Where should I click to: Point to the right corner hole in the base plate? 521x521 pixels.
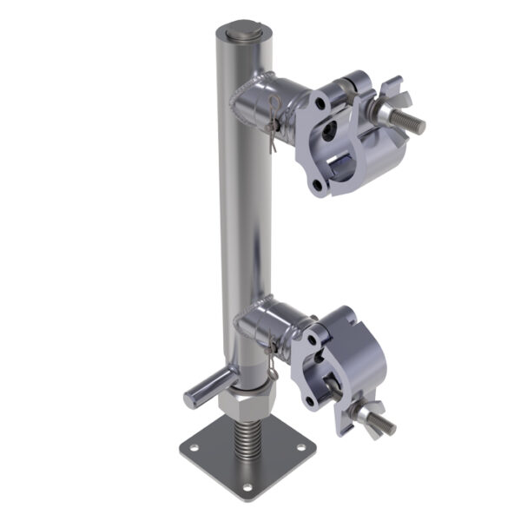[x=301, y=448]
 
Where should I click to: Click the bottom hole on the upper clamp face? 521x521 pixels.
[x=319, y=185]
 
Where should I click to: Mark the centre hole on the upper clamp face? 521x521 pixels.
[x=328, y=134]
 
